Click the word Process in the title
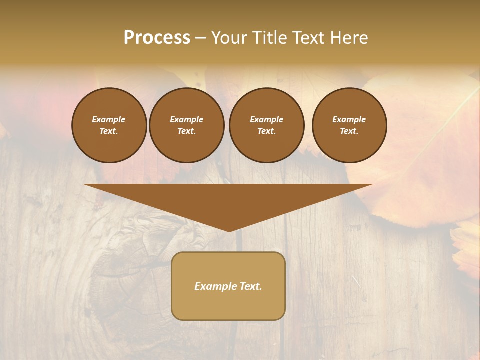pyautogui.click(x=157, y=38)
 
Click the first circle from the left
pyautogui.click(x=109, y=125)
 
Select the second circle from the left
pyautogui.click(x=186, y=125)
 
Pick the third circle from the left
pyautogui.click(x=266, y=125)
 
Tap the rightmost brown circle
pyautogui.click(x=349, y=125)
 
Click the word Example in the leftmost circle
pyautogui.click(x=109, y=119)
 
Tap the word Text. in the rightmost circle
pyautogui.click(x=349, y=131)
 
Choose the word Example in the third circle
pyautogui.click(x=266, y=119)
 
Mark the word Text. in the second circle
pyautogui.click(x=186, y=131)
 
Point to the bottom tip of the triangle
pyautogui.click(x=228, y=230)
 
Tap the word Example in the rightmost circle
pyautogui.click(x=349, y=119)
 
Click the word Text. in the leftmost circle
pyautogui.click(x=109, y=131)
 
